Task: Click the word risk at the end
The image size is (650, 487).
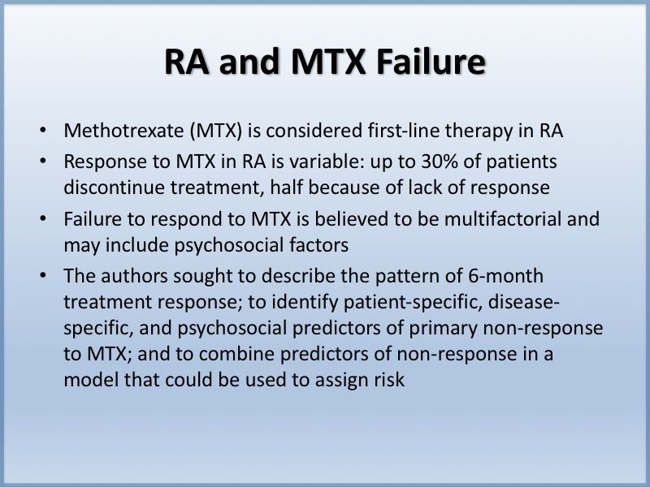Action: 388,380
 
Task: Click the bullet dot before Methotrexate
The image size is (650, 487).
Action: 41,131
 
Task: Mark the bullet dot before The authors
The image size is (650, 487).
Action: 41,277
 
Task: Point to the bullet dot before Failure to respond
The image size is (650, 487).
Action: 41,219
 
